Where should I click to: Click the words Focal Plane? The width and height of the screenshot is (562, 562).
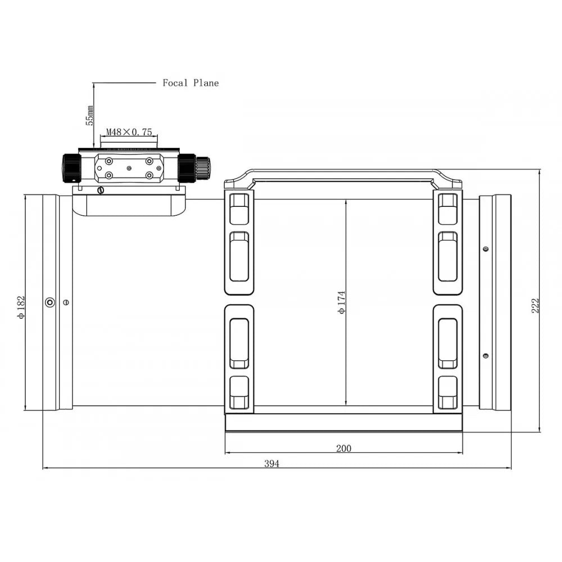(191, 83)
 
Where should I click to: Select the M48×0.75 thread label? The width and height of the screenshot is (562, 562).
(129, 132)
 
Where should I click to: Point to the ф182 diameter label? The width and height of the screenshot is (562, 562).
(21, 307)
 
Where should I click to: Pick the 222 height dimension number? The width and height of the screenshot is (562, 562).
(535, 306)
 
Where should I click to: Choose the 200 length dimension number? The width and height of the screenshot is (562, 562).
(344, 448)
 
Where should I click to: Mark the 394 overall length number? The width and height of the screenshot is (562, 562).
(271, 464)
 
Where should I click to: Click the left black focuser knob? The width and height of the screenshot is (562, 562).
(71, 168)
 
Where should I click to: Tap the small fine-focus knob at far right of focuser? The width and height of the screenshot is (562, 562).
(203, 167)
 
